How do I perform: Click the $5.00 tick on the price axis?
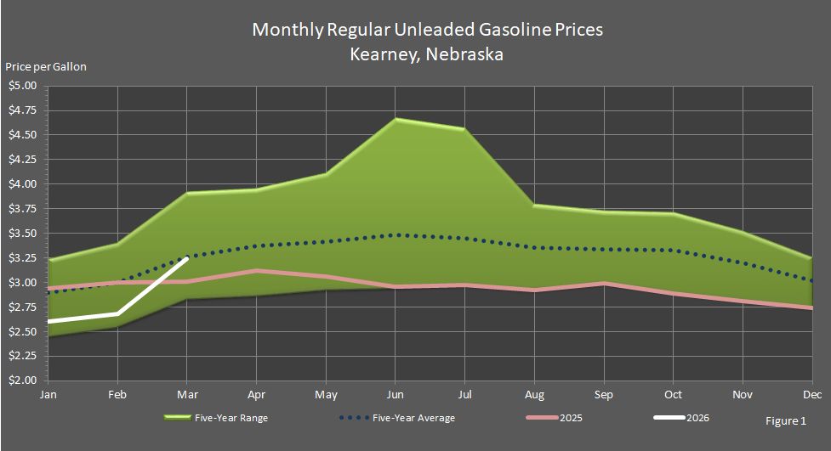pos(24,86)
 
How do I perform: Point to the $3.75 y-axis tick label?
pos(24,209)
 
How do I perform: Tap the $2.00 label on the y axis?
pos(24,381)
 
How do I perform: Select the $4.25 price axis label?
pos(24,160)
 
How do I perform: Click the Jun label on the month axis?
pos(395,395)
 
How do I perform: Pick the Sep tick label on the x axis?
pos(603,395)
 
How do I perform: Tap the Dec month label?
pos(811,395)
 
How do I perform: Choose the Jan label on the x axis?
pos(48,395)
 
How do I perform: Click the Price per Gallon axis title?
pos(46,66)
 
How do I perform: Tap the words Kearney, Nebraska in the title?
pos(426,54)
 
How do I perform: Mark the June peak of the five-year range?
pos(395,119)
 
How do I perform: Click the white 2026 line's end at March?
pos(187,257)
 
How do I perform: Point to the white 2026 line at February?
pos(117,314)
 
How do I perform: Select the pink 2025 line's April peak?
pos(256,271)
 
